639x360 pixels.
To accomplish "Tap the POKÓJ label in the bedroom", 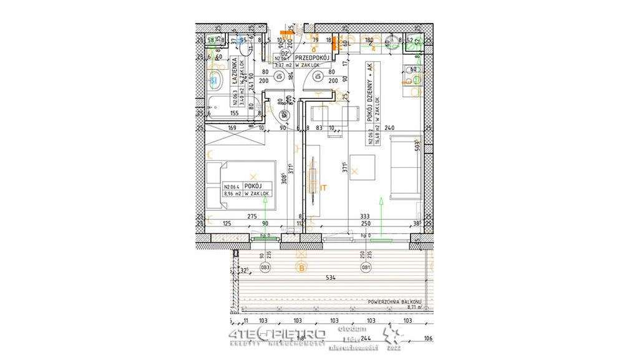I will (x=252, y=186).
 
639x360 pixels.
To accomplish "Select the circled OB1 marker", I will (x=366, y=269).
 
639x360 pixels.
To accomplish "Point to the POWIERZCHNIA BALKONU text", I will (x=396, y=300).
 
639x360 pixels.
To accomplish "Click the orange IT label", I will (x=323, y=187).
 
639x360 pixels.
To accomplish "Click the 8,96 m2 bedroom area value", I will (x=232, y=194).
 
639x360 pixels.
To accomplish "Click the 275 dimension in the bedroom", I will (x=252, y=216).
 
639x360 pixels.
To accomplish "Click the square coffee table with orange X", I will (x=356, y=170).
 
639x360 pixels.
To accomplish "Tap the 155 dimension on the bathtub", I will (x=234, y=114).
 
